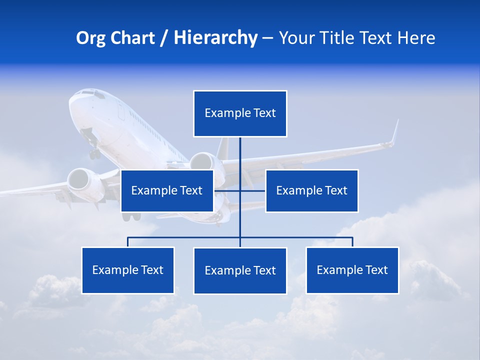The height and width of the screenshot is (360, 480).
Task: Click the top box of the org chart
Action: coord(240,113)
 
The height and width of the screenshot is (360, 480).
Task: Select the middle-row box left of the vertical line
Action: coord(167,190)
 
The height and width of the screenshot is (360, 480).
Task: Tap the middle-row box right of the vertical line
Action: coord(311,190)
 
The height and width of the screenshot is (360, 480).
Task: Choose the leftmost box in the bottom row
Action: coord(127,270)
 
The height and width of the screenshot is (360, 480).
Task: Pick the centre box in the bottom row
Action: coord(240,270)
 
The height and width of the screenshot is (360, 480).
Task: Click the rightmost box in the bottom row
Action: coord(352,270)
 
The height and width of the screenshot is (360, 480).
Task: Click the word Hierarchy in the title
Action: coord(215,38)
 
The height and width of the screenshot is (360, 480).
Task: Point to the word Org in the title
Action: coord(90,38)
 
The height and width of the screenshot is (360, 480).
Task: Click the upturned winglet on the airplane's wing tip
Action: coord(395,131)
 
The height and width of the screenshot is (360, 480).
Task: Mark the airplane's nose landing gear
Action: coord(94,151)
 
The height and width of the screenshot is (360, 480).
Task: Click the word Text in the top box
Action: coord(264,113)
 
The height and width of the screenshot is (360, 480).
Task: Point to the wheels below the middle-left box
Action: coord(131,216)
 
